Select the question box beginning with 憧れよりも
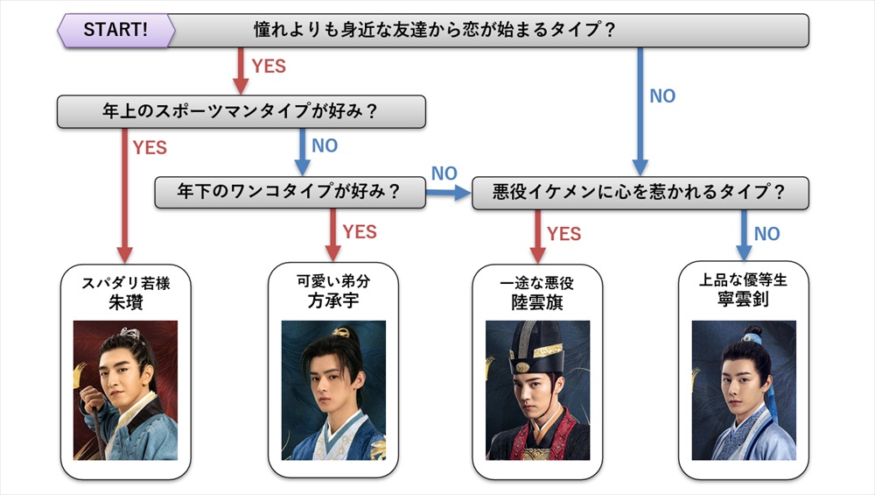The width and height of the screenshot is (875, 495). pos(490,30)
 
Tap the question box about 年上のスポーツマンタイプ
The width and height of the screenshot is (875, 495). pos(241,111)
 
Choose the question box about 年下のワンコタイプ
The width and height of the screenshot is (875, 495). pos(290,193)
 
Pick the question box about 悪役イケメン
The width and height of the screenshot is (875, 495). pos(640,193)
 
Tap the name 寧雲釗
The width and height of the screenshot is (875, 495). pos(743,301)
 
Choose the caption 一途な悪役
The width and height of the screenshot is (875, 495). pos(536,283)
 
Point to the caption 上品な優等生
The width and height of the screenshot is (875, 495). pos(743,281)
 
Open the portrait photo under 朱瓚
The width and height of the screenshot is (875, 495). pos(125,391)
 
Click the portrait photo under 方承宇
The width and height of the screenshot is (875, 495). pos(332,391)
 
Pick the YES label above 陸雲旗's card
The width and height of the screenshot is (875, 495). pos(563,234)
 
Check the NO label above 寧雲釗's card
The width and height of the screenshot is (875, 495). pos(766,234)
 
